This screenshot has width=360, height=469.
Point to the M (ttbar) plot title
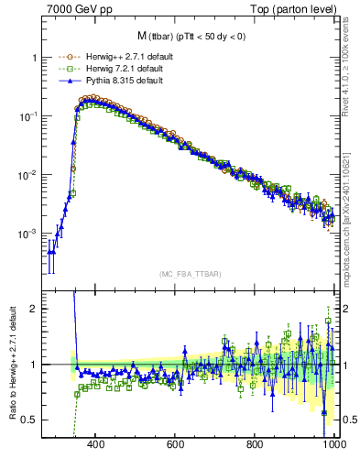point(191,36)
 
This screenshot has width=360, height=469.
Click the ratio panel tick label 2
point(32,309)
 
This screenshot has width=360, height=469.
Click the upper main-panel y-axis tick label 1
point(32,58)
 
